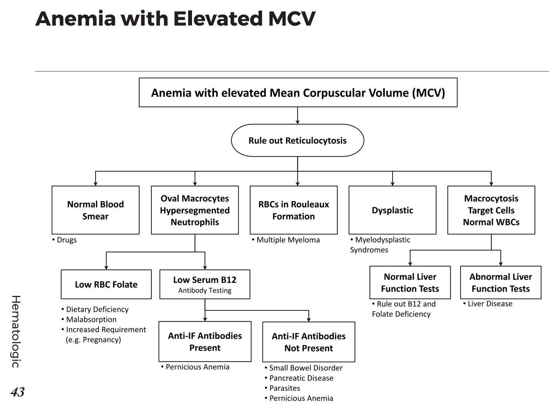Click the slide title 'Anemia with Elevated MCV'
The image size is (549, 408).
[x=175, y=18]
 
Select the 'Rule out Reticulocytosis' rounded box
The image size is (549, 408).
[x=297, y=141]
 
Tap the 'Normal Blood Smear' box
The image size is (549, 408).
[x=95, y=210]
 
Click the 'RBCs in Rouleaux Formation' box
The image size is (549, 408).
[x=293, y=210]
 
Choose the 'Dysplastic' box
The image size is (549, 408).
[x=392, y=210]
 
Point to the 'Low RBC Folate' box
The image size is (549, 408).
[x=106, y=284]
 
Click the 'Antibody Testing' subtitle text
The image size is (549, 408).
[x=205, y=290]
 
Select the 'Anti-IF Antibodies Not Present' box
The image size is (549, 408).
[x=308, y=342]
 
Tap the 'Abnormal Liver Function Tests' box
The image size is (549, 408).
[x=500, y=282]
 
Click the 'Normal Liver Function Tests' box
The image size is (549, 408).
[x=410, y=282]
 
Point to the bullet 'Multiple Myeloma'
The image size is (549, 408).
[x=288, y=240]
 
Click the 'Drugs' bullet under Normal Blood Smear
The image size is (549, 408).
[x=66, y=240]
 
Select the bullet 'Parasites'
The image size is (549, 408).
[x=284, y=388]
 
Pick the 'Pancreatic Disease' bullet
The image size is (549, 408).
[x=301, y=378]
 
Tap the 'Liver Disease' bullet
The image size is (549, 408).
[x=490, y=304]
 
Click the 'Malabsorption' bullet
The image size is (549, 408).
[x=91, y=319]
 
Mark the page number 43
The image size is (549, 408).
[x=17, y=392]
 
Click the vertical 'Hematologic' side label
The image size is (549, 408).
[x=16, y=331]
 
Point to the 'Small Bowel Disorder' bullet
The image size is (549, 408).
[x=305, y=368]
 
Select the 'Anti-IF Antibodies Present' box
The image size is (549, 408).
[x=205, y=341]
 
